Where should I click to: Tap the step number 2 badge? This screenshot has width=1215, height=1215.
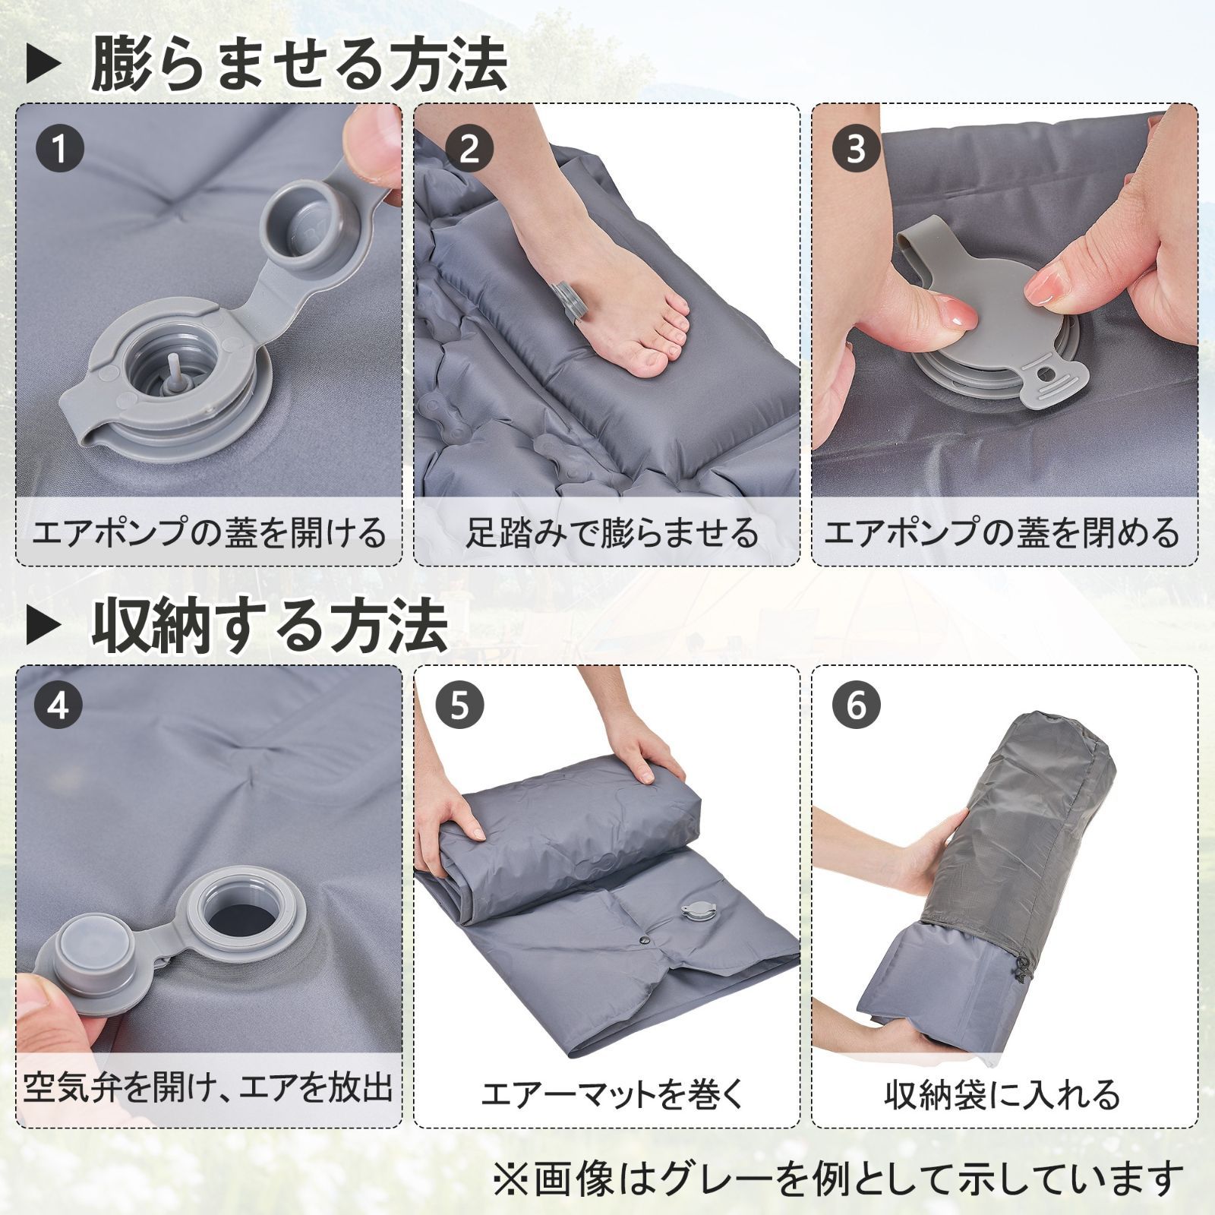470,149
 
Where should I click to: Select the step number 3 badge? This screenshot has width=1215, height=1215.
856,149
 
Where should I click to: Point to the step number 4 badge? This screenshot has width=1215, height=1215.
58,705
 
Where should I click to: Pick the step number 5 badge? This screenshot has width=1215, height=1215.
459,705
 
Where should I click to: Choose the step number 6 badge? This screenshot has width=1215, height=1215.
856,705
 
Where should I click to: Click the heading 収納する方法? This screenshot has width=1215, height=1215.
270,624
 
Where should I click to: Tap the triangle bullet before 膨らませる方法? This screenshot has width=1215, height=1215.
44,67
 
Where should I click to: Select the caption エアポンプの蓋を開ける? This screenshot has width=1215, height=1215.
209,533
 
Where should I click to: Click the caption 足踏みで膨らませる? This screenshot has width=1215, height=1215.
612,533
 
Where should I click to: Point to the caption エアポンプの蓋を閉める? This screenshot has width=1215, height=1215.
1002,533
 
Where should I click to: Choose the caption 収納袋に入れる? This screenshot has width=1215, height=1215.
1002,1093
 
